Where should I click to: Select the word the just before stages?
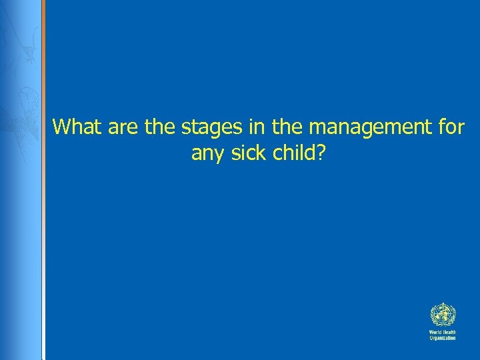coord(158,127)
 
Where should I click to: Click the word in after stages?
coord(251,127)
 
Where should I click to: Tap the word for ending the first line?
coord(451,127)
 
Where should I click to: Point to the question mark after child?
coord(321,153)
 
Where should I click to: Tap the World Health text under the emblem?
coord(442,331)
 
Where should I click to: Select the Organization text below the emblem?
coord(442,338)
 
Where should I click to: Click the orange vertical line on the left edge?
coord(43,180)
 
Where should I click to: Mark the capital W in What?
coord(62,127)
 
